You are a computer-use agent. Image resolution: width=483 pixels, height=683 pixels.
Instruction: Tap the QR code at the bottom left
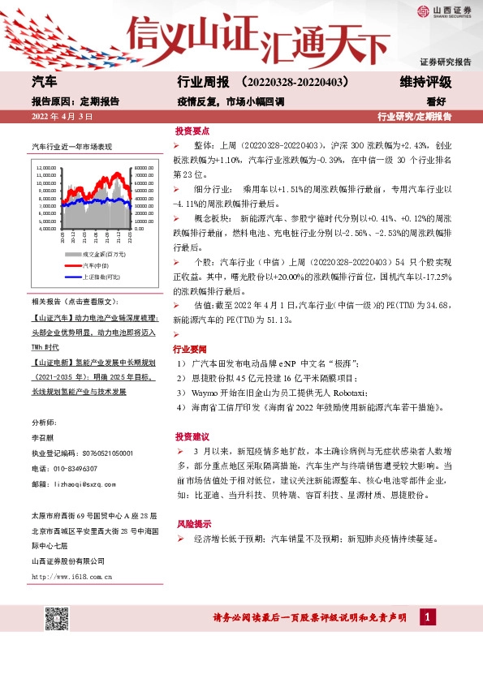point(55,617)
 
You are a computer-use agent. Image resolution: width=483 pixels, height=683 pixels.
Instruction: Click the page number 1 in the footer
point(425,618)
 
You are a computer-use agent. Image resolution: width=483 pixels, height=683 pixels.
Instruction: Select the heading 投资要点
point(192,130)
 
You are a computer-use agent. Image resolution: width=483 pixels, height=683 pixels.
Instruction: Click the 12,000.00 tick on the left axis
point(45,168)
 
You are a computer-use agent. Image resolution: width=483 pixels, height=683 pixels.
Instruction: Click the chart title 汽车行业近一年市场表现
point(71,148)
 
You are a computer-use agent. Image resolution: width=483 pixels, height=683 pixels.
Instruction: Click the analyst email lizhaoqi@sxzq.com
point(91,483)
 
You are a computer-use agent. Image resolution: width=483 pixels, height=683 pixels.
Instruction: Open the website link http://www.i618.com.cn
point(71,576)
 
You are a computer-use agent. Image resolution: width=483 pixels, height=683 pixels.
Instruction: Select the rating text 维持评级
point(425,83)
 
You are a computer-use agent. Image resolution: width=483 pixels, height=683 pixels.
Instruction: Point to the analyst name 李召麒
point(41,438)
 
